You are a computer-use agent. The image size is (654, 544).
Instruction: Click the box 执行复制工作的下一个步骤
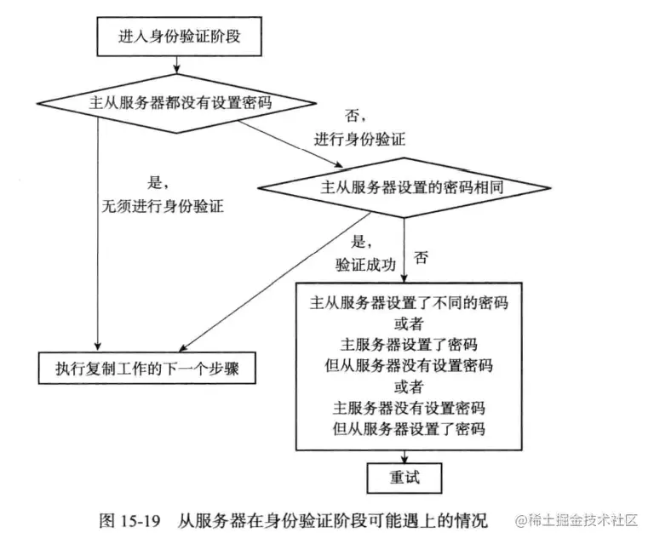click(148, 369)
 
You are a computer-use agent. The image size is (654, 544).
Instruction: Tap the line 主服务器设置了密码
click(407, 344)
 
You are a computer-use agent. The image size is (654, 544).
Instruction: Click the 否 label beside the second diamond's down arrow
click(420, 255)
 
